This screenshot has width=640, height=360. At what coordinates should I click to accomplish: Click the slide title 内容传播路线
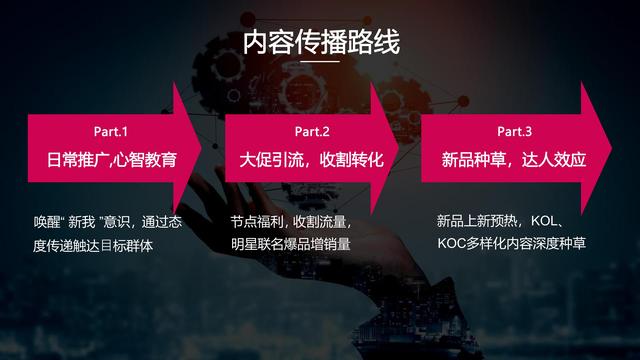[x=320, y=43]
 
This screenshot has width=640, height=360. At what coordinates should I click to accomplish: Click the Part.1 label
[x=111, y=132]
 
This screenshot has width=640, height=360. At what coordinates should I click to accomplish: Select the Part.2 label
[x=312, y=132]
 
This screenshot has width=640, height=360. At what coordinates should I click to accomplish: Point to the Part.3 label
[x=514, y=132]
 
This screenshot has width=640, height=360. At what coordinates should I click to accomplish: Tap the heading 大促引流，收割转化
[x=312, y=160]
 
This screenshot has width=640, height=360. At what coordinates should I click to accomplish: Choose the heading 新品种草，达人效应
[x=514, y=160]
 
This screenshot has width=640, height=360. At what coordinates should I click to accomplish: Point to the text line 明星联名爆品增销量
[x=291, y=244]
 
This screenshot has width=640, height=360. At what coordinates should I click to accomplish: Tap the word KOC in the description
[x=453, y=243]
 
